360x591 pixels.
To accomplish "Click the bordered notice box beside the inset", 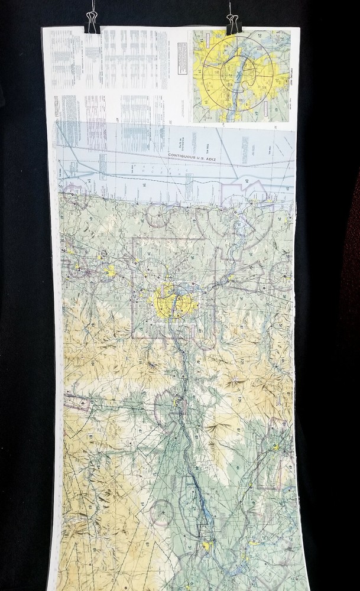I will (182, 59).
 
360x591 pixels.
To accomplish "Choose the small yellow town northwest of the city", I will (109, 271).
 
